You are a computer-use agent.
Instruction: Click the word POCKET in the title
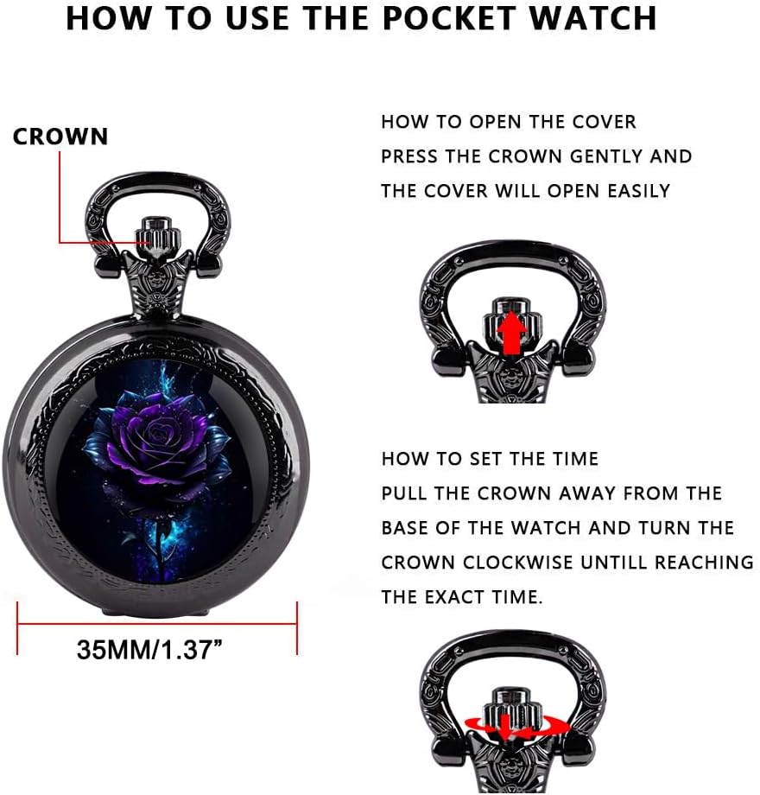(x=448, y=18)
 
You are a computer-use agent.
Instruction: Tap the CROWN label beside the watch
(x=60, y=137)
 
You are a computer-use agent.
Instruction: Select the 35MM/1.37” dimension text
(x=149, y=649)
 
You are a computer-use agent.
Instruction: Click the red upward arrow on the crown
(x=512, y=333)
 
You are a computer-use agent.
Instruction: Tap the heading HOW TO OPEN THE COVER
(x=508, y=122)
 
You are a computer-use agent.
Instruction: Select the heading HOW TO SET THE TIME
(x=490, y=459)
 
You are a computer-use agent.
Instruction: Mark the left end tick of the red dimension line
(x=18, y=628)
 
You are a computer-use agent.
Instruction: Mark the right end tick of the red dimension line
(x=297, y=628)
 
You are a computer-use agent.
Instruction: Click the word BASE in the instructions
(x=405, y=528)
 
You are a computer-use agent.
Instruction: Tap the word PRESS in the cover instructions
(x=409, y=156)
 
